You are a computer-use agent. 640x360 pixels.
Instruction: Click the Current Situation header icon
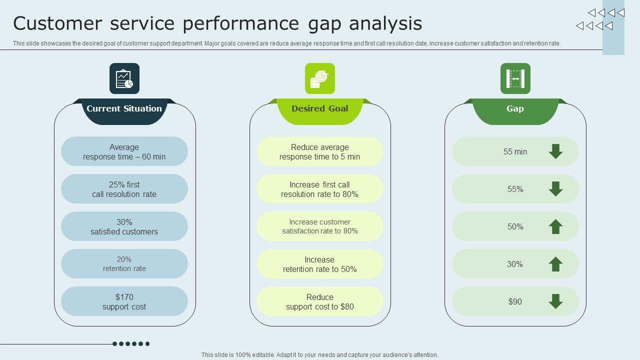click(x=124, y=78)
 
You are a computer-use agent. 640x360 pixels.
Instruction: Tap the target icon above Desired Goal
click(x=320, y=78)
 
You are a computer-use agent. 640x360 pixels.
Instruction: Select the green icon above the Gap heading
click(x=515, y=78)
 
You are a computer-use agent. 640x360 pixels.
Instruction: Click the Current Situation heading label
click(x=124, y=108)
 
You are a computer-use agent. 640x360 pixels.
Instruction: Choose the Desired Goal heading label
click(x=320, y=108)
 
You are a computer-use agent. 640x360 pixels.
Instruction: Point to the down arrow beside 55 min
click(x=555, y=151)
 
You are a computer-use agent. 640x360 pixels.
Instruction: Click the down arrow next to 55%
click(x=555, y=189)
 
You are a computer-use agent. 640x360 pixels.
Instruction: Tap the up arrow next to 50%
click(x=555, y=226)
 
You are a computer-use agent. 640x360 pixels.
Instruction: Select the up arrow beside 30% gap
click(x=555, y=264)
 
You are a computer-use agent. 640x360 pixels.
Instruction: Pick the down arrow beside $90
click(x=555, y=301)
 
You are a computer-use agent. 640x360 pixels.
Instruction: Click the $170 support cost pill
click(x=124, y=301)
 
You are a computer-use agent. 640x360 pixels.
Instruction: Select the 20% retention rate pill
click(x=124, y=264)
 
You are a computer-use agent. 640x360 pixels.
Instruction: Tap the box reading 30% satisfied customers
click(x=124, y=226)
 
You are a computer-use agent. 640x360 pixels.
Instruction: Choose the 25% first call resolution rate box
click(x=124, y=189)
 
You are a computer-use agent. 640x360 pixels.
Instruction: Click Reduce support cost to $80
click(x=320, y=301)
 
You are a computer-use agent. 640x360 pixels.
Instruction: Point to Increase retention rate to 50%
click(x=320, y=264)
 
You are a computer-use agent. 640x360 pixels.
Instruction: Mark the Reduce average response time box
click(x=320, y=151)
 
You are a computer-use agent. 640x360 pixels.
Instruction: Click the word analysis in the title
click(x=385, y=24)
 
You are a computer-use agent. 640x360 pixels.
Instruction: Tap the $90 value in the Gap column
click(x=515, y=301)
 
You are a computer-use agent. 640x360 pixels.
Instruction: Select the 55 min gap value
click(x=515, y=151)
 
